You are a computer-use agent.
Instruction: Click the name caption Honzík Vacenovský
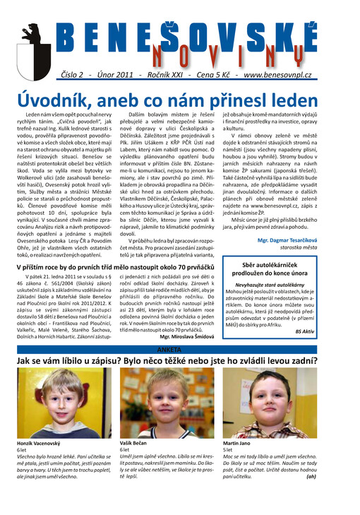tap(35, 442)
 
